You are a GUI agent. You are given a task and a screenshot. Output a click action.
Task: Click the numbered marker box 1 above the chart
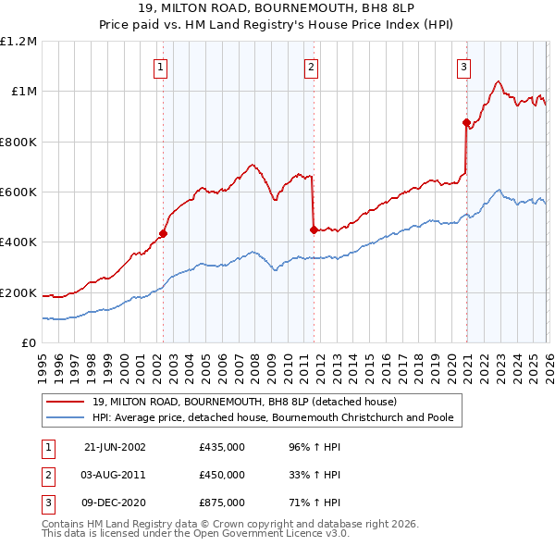coord(161,67)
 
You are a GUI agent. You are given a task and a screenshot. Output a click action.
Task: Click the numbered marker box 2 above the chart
coord(312,67)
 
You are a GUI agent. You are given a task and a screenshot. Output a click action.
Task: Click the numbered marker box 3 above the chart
coord(462,67)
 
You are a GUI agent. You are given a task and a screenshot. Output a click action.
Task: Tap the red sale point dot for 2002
coord(163,234)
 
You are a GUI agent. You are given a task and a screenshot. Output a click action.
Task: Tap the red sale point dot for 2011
coord(314,230)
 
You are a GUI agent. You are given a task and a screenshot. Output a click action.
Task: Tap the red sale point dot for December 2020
coord(466,122)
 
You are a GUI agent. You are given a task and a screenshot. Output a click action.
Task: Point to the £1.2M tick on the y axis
coord(18,42)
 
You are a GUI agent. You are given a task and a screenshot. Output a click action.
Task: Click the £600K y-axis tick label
coord(18,192)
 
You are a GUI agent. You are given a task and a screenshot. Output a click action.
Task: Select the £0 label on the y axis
coord(28,343)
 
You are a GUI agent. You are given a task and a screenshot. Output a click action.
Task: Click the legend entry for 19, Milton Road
coord(244,402)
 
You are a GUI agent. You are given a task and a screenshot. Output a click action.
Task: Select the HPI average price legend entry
coord(272,418)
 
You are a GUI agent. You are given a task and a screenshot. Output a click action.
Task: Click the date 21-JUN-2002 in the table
coord(115,447)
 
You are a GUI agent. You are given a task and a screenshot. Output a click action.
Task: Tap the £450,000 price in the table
coord(222,475)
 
